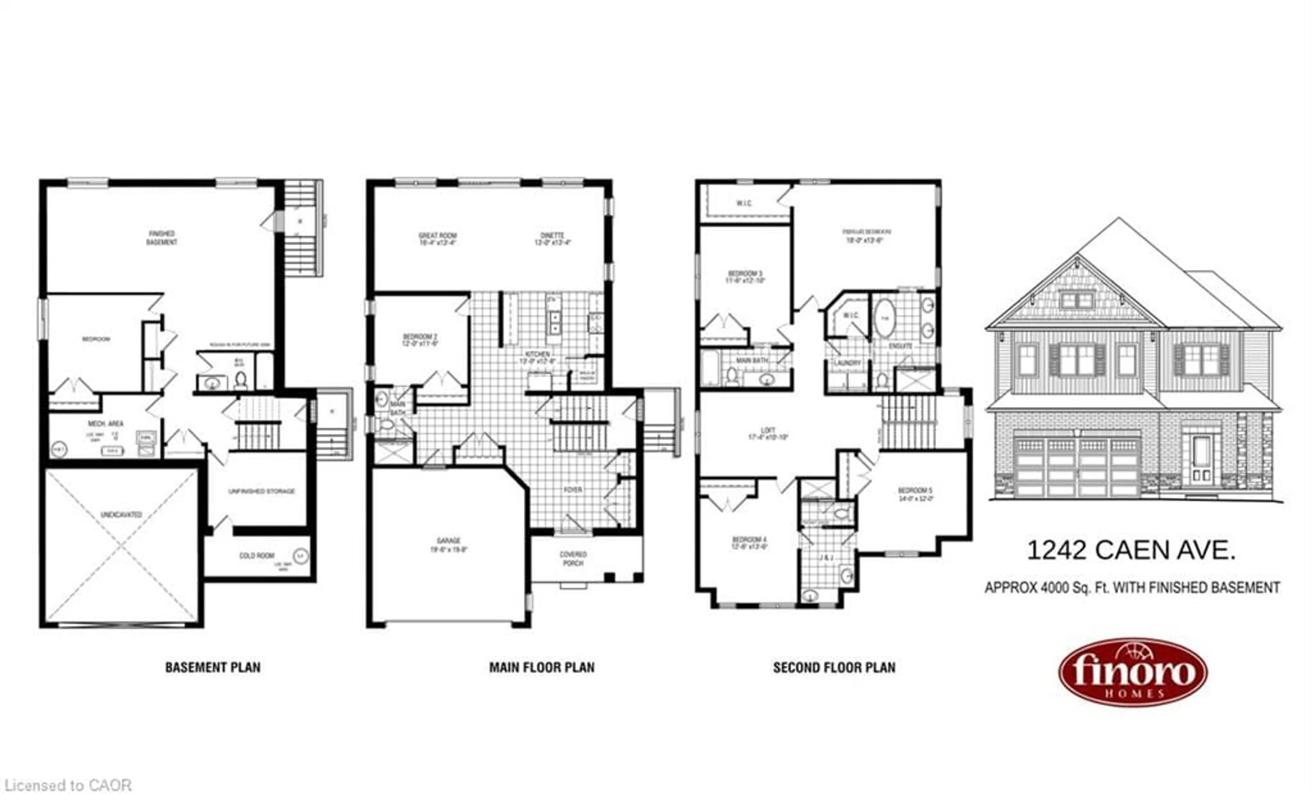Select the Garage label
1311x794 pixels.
[x=449, y=545]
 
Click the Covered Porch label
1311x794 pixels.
[x=573, y=559]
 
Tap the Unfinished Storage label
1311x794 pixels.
[x=261, y=491]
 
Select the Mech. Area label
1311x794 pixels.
[x=105, y=423]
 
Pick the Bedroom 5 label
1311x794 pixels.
[x=915, y=494]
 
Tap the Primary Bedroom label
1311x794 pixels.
[x=866, y=235]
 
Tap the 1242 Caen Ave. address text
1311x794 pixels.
[x=1131, y=550]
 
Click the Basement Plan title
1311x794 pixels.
[x=213, y=667]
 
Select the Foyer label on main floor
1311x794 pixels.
[x=573, y=489]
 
